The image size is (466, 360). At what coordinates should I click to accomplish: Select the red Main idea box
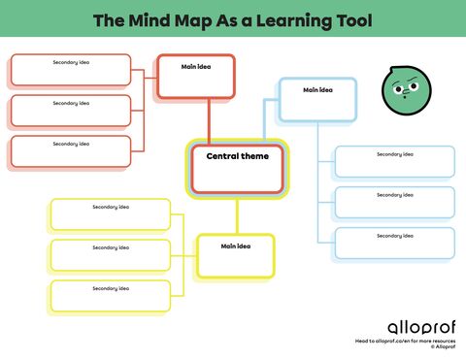tap(196, 77)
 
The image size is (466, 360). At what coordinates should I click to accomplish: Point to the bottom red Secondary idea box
tap(71, 151)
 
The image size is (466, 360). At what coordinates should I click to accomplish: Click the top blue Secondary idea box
tap(394, 161)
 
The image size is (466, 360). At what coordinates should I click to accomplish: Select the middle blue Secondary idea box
tap(394, 202)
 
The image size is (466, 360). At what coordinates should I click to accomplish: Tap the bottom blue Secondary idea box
tap(394, 243)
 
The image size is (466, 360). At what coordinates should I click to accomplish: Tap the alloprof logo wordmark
tap(407, 327)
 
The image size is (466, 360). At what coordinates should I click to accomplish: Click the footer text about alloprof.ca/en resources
tap(404, 342)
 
